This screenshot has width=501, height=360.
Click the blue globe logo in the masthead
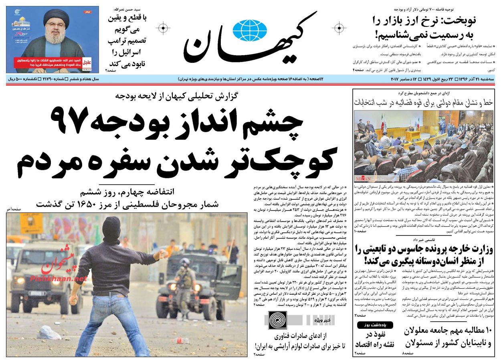click(x=249, y=30)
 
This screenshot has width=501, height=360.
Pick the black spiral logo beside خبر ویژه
click(x=277, y=320)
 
